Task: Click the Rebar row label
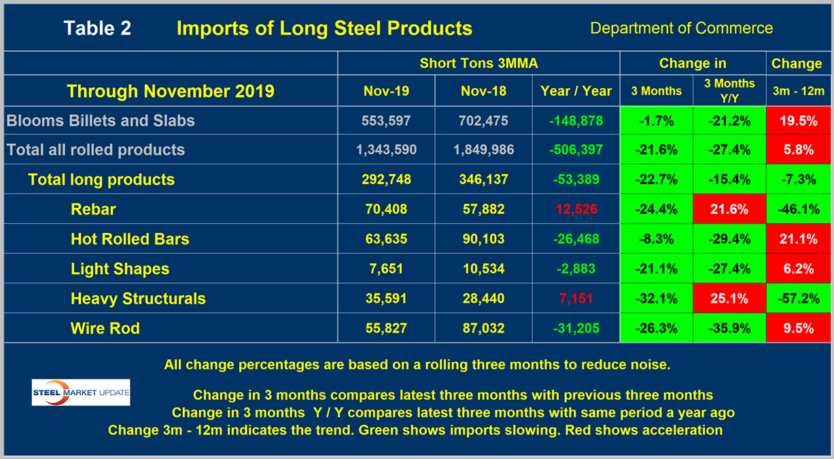tap(93, 209)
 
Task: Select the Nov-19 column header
tap(387, 91)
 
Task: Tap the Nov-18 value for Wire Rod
tap(479, 329)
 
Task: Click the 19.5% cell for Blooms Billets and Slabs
tap(798, 121)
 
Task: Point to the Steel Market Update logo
tap(81, 392)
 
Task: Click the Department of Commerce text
tap(681, 29)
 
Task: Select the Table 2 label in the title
tap(97, 29)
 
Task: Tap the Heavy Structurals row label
tap(138, 299)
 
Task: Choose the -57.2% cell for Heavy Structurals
tap(798, 299)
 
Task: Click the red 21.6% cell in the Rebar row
tap(729, 209)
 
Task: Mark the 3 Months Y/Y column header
tap(729, 91)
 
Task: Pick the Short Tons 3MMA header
tap(479, 63)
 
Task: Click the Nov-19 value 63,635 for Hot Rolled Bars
tap(387, 239)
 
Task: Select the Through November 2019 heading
tap(170, 91)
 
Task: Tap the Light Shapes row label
tap(120, 269)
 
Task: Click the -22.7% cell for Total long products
tap(657, 180)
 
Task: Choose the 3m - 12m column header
tap(798, 91)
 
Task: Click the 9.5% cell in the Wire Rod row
tap(798, 329)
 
